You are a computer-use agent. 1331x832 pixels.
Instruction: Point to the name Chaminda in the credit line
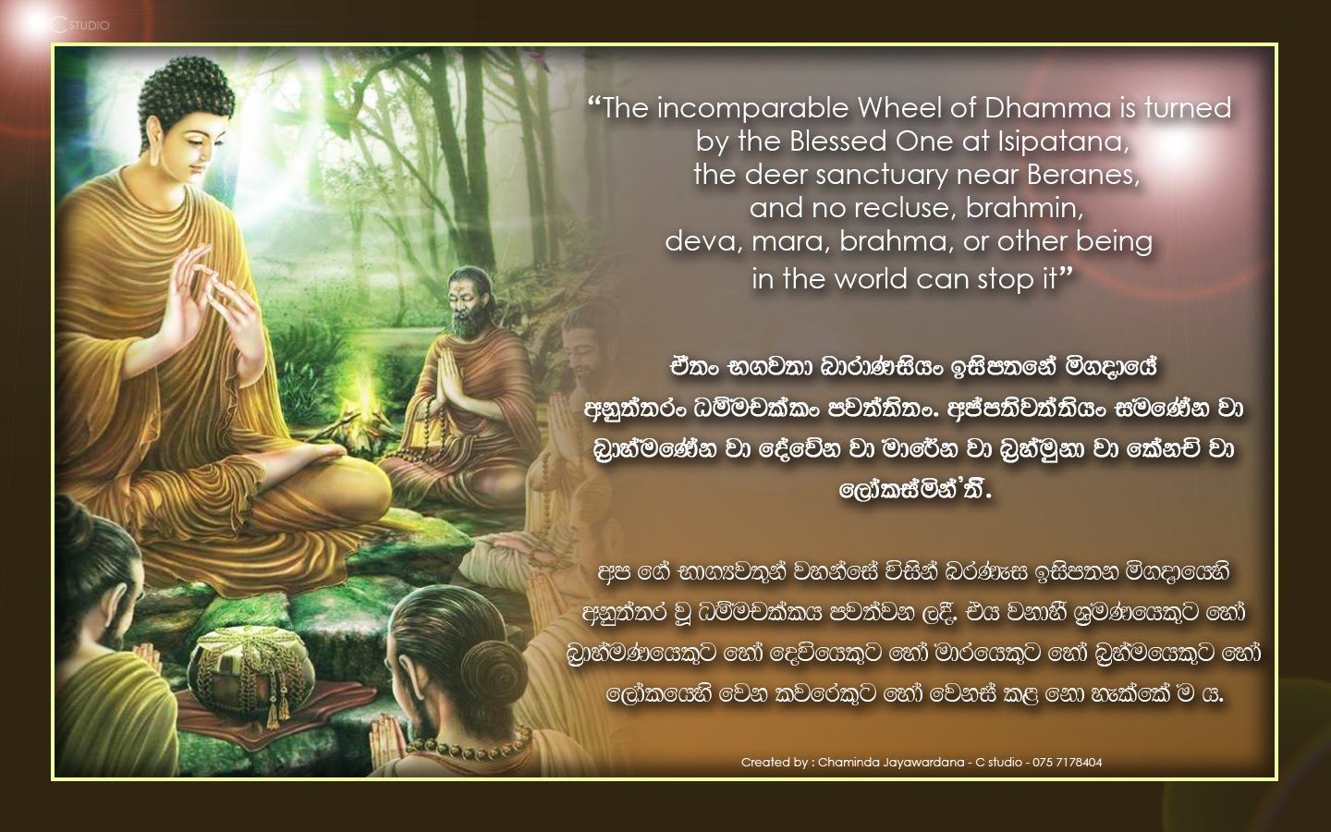click(x=855, y=763)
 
